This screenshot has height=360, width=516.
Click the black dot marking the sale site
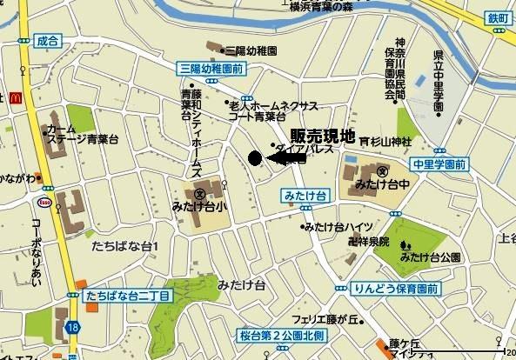(254, 158)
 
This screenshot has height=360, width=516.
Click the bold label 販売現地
(323, 136)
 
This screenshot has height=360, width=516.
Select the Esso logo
(43, 202)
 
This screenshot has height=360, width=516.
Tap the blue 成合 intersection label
(49, 39)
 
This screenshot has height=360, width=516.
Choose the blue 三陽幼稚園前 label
(211, 67)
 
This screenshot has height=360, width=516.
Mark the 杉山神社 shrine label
(386, 141)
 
